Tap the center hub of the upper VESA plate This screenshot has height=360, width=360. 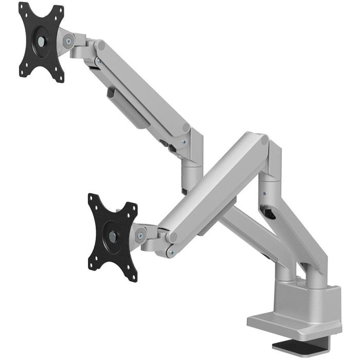[x=41, y=42]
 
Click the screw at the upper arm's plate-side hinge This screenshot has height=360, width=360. [x=99, y=61]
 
